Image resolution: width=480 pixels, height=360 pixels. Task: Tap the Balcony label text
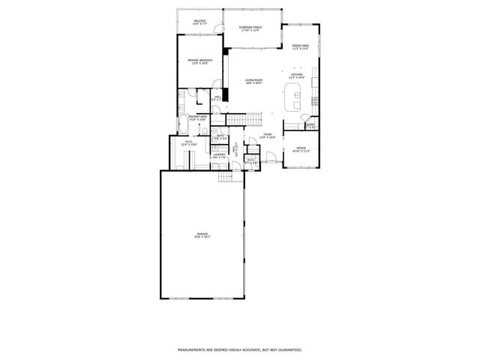[200, 22]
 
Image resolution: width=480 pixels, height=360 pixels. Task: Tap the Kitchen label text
[297, 76]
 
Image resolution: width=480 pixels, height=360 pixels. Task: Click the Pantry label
[310, 126]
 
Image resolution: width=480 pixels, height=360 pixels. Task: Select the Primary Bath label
[198, 118]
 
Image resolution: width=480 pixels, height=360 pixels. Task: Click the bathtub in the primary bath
[184, 125]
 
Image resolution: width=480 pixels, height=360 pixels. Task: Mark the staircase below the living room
[243, 120]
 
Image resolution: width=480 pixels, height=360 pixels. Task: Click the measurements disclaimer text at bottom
[239, 349]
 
